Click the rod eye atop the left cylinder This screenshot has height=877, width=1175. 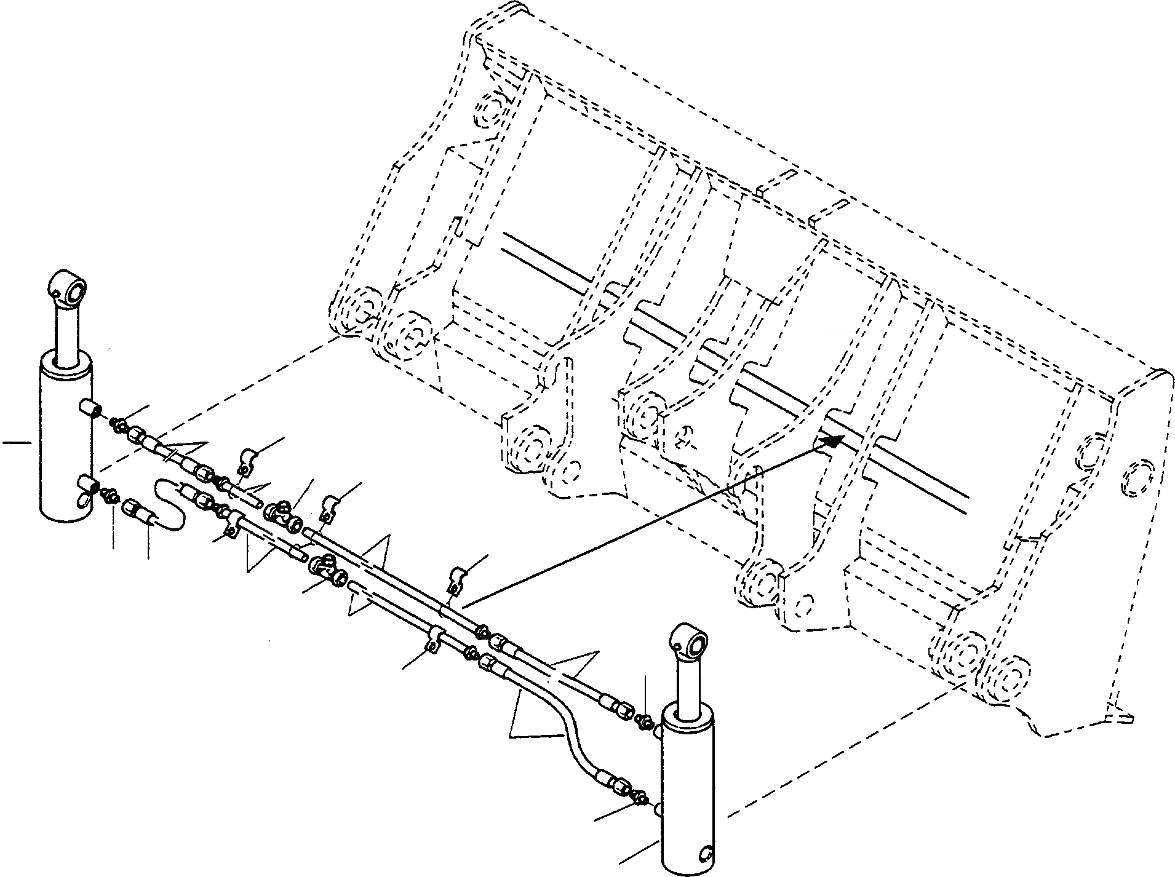(69, 288)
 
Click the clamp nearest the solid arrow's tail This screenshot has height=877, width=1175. (456, 579)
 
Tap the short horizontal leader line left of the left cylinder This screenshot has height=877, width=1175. (17, 442)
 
